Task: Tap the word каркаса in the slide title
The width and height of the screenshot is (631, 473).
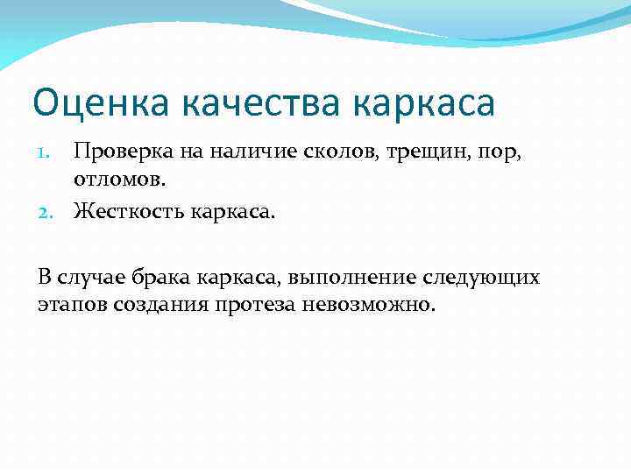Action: pyautogui.click(x=427, y=103)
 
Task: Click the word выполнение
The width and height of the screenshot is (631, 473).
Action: pyautogui.click(x=346, y=278)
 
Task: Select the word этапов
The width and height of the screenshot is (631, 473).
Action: pyautogui.click(x=72, y=306)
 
